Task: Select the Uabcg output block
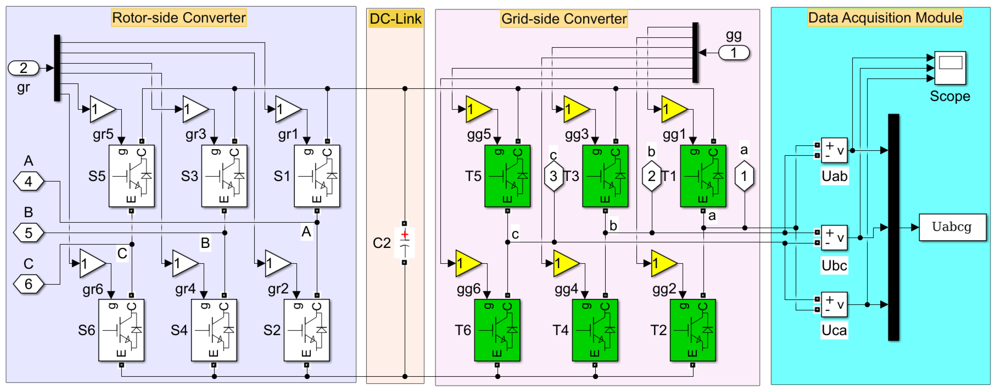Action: pos(952,227)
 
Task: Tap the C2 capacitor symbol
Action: pos(405,243)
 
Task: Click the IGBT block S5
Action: pos(132,176)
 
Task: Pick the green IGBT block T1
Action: pos(703,176)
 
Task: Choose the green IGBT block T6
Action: pos(497,330)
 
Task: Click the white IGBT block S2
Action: pos(307,330)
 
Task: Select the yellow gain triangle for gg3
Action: pos(576,109)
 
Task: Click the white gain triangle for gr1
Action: pos(287,109)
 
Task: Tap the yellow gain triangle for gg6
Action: pos(467,264)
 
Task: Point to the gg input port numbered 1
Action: pos(734,53)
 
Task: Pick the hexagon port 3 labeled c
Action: pos(554,176)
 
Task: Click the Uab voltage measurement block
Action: pos(834,150)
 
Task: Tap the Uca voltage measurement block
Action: pos(834,304)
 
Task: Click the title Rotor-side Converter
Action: pos(179,18)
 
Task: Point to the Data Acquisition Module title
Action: pos(885,18)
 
